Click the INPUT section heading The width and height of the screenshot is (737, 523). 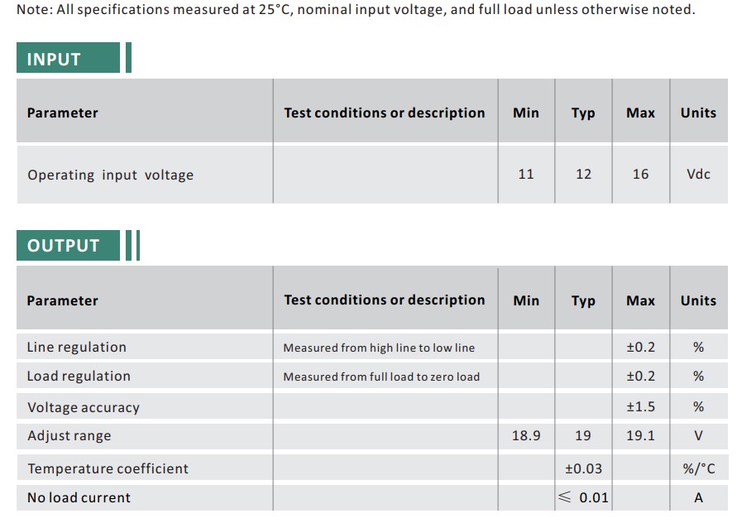tap(54, 60)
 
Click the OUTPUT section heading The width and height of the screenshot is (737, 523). tap(63, 246)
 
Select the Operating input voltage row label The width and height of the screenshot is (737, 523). tap(110, 175)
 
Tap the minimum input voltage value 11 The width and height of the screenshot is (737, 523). tap(526, 174)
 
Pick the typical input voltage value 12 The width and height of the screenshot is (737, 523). tap(583, 174)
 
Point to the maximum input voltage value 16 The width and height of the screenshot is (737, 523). tap(640, 174)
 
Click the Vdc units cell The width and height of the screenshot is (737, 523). tap(698, 174)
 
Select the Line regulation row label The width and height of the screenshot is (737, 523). tap(77, 348)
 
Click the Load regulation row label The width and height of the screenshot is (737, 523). tap(79, 377)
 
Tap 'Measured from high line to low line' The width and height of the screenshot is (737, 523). tap(379, 348)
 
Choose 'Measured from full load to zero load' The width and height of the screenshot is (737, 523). tap(381, 377)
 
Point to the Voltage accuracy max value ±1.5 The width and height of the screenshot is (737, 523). tap(640, 407)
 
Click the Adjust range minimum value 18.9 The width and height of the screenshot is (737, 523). tap(526, 435)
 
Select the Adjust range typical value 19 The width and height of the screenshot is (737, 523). tap(583, 435)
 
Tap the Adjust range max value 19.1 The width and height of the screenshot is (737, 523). tap(640, 435)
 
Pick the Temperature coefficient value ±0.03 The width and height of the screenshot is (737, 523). tap(583, 468)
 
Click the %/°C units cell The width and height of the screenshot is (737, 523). tap(699, 468)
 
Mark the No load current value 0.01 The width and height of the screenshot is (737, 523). tap(593, 497)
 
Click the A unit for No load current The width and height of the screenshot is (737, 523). tap(699, 497)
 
